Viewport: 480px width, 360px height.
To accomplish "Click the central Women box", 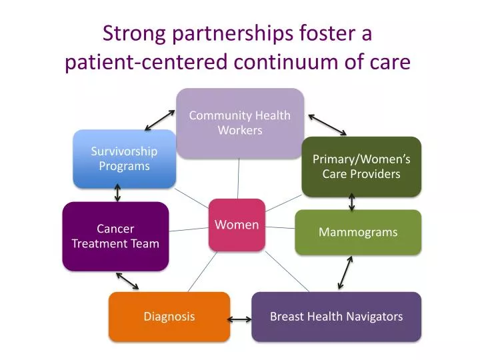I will pyautogui.click(x=237, y=225).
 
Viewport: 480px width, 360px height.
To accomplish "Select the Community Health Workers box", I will pyautogui.click(x=239, y=123).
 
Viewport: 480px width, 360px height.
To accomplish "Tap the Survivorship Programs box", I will pyautogui.click(x=124, y=159).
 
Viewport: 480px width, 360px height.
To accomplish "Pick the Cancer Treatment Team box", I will pyautogui.click(x=115, y=236).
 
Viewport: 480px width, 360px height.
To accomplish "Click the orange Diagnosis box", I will pyautogui.click(x=169, y=316).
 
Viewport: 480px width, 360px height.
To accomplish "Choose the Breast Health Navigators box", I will pyautogui.click(x=336, y=316).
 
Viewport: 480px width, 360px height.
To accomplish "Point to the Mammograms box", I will pyautogui.click(x=358, y=232).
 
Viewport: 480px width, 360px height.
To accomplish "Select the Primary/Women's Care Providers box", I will pyautogui.click(x=361, y=167).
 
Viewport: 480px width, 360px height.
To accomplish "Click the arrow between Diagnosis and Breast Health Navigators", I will pyautogui.click(x=239, y=319).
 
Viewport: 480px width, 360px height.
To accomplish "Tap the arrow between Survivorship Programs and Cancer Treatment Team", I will pyautogui.click(x=117, y=193).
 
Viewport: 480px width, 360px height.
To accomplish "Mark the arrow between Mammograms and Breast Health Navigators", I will pyautogui.click(x=345, y=272).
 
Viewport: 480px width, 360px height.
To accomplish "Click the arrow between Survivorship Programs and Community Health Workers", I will pyautogui.click(x=159, y=119).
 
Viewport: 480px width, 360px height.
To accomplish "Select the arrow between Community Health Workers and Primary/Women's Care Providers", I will pyautogui.click(x=327, y=124).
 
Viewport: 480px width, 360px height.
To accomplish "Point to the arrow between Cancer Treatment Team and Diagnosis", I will pyautogui.click(x=127, y=280).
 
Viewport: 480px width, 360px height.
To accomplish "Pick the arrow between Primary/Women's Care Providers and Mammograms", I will pyautogui.click(x=352, y=202).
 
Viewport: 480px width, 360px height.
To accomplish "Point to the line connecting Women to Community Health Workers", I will pyautogui.click(x=238, y=179).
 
